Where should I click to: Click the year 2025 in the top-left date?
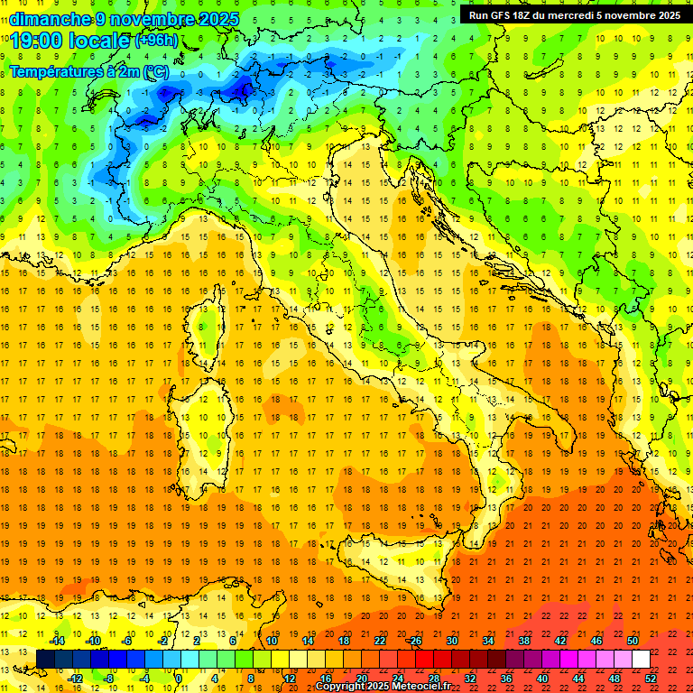(x=216, y=18)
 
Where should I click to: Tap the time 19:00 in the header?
(x=37, y=40)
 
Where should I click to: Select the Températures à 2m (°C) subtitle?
(x=88, y=70)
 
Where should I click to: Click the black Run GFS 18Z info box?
(x=571, y=15)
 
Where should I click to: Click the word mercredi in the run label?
(x=565, y=15)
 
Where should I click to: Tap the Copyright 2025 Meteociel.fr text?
(x=383, y=686)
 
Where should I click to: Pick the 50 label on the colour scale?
(x=632, y=641)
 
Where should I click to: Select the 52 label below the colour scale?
(x=651, y=679)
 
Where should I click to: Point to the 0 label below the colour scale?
(x=179, y=679)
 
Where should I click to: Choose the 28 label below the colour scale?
(x=433, y=679)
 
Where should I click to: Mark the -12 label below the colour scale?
(x=75, y=679)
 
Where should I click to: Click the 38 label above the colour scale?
(x=523, y=641)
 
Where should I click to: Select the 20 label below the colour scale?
(x=361, y=679)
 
